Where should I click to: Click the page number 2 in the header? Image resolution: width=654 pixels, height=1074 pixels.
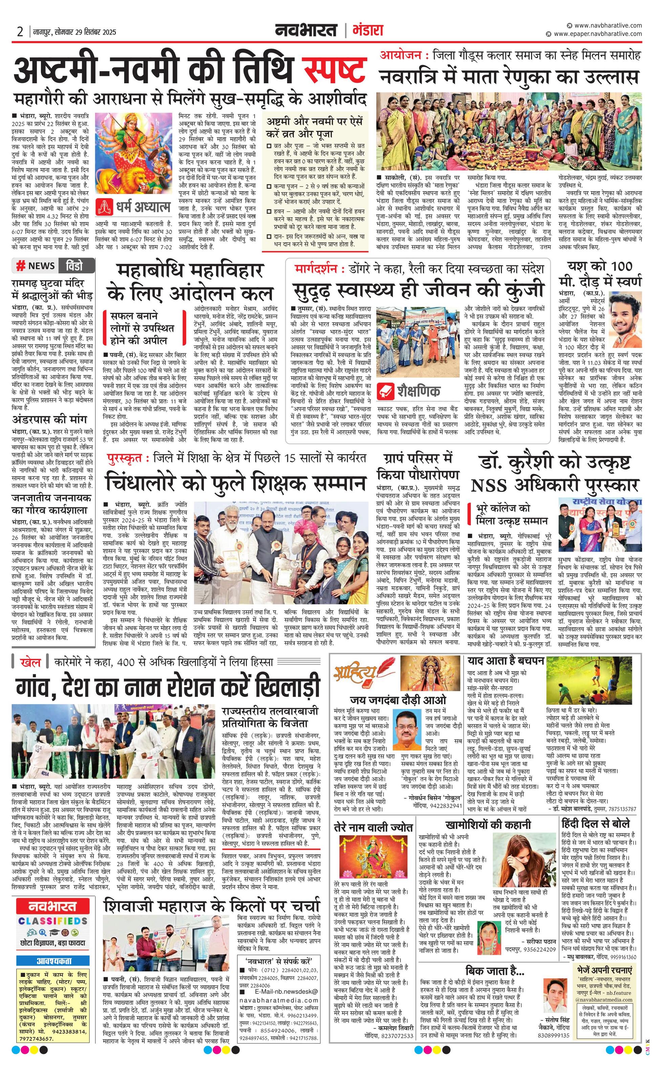20,31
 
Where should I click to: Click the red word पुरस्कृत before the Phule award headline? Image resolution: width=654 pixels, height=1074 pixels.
124,458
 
